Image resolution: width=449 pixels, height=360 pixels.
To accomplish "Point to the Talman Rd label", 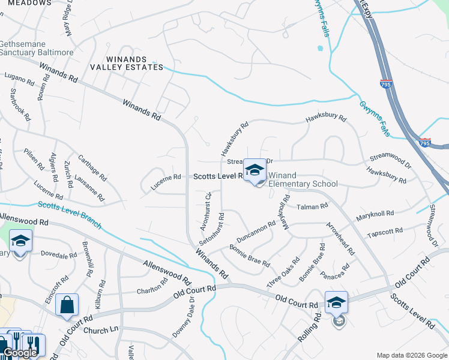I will coord(313,206).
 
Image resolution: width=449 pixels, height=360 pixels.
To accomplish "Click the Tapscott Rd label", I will coord(385,232).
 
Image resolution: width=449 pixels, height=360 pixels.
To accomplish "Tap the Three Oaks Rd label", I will coord(283,271).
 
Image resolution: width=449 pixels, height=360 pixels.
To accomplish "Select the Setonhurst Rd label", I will coord(212,229).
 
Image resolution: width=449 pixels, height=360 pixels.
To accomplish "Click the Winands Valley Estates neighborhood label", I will coord(134,63).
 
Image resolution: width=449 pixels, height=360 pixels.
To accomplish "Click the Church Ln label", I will coord(101,331).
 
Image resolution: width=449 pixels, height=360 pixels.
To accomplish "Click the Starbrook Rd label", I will coord(20,105).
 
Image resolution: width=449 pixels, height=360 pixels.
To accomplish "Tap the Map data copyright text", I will coord(411,355).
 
